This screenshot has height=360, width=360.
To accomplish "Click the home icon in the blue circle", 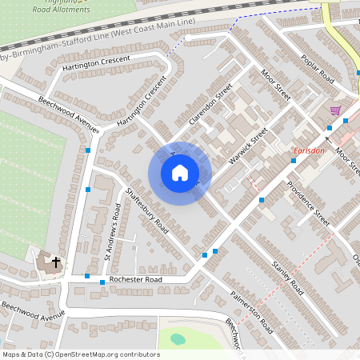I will [x=180, y=172].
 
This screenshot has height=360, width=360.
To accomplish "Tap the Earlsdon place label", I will [x=307, y=151].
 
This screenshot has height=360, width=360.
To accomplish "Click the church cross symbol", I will [x=56, y=262].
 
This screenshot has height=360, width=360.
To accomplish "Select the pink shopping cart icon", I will [x=335, y=110].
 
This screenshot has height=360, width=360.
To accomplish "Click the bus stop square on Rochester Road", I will [x=102, y=282].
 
